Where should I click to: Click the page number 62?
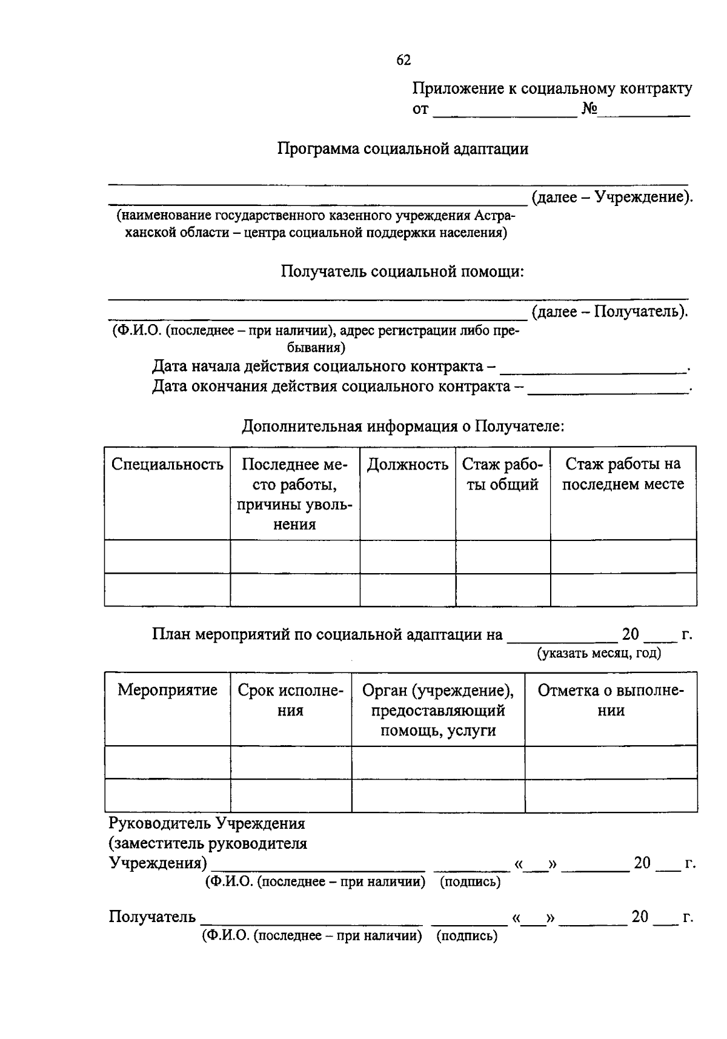pyautogui.click(x=403, y=59)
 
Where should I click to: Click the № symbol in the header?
pyautogui.click(x=589, y=109)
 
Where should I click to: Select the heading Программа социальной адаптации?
pyautogui.click(x=403, y=149)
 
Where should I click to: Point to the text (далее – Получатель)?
pyautogui.click(x=609, y=312)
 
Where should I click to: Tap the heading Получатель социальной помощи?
pyautogui.click(x=402, y=271)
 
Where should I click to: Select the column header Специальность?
pyautogui.click(x=167, y=465)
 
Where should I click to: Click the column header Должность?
pyautogui.click(x=408, y=465)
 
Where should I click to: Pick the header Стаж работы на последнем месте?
pyautogui.click(x=623, y=474)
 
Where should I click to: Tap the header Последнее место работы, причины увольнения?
pyautogui.click(x=294, y=494)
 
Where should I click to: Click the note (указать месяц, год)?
pyautogui.click(x=599, y=653)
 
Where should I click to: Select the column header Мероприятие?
pyautogui.click(x=167, y=690)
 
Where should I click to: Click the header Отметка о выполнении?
pyautogui.click(x=611, y=700)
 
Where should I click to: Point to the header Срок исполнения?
pyautogui.click(x=291, y=700)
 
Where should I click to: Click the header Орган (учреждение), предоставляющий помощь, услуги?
pyautogui.click(x=437, y=710)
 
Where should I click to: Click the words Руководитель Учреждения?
pyautogui.click(x=207, y=824)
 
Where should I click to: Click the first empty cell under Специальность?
pyautogui.click(x=167, y=556)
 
